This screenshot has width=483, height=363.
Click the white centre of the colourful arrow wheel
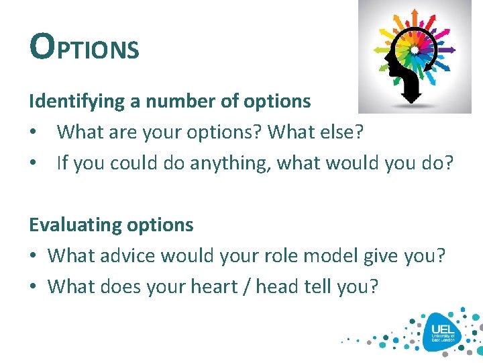[x=415, y=49]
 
